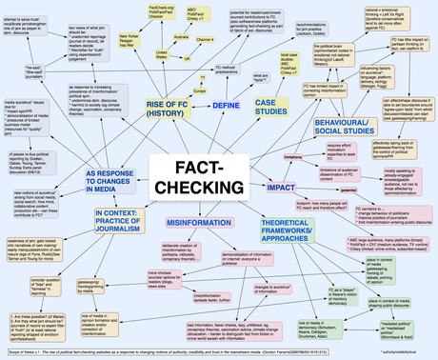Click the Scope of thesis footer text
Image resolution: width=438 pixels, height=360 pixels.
(133, 354)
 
